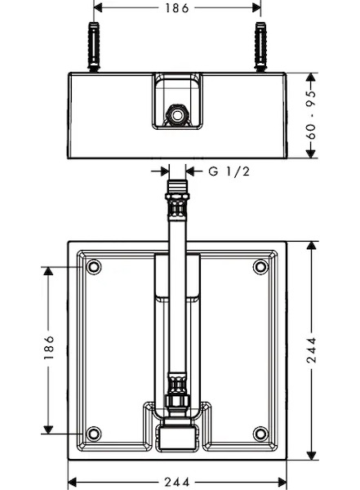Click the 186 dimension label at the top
tap(177, 8)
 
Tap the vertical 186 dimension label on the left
tap(49, 348)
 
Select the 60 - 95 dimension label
tap(311, 115)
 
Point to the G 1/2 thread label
tap(229, 171)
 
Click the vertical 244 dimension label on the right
tap(311, 350)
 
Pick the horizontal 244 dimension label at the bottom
tap(177, 482)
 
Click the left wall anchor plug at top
tap(94, 47)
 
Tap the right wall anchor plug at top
tap(260, 47)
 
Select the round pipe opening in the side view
tap(177, 115)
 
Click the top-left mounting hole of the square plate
tap(93, 267)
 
